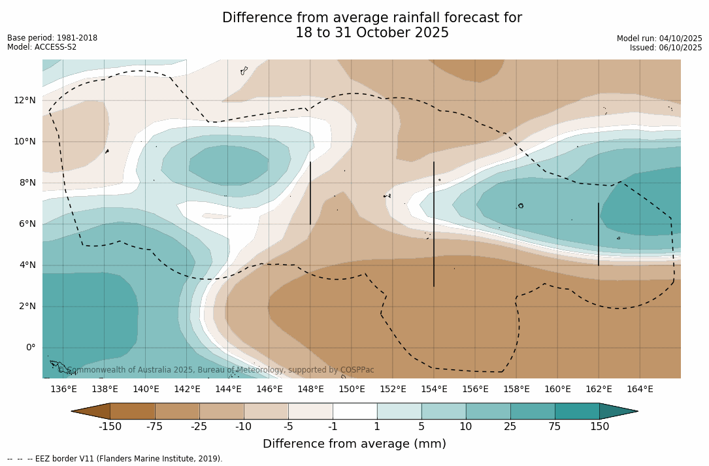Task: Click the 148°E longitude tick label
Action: coord(310,390)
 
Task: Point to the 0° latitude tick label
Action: coord(29,348)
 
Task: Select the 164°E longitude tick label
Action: coord(640,390)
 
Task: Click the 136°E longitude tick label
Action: coord(63,390)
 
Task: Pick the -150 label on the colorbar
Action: coord(110,427)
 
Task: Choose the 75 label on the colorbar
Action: coord(555,427)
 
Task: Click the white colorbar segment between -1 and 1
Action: coord(355,411)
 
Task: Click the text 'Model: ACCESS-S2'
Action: coord(42,47)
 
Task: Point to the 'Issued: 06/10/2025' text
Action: coord(666,48)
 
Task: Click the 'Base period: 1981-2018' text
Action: coord(52,38)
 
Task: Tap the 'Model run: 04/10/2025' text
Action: coord(659,39)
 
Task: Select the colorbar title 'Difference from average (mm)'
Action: coord(354,444)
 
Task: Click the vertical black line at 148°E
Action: coord(310,193)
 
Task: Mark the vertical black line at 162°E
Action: coord(599,234)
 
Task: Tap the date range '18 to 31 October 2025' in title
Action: coord(372,33)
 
